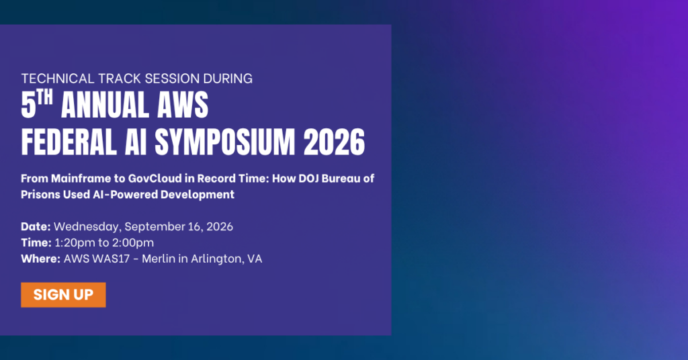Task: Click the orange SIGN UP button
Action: [63, 295]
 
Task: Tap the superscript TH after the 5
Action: [45, 97]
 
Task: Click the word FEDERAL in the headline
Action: [69, 142]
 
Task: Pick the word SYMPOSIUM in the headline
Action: [224, 142]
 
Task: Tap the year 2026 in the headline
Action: [335, 142]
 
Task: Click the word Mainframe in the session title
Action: [88, 179]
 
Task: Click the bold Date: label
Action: [36, 227]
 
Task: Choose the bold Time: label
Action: [36, 242]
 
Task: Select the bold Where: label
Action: [41, 259]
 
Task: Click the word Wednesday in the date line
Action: [87, 227]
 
